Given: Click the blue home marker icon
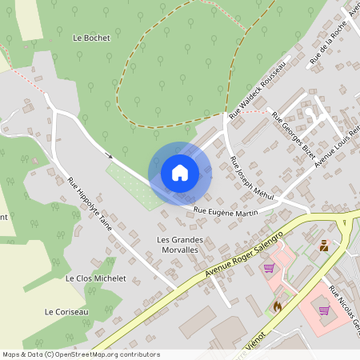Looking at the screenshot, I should pos(180,172).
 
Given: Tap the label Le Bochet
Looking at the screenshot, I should pos(90,38).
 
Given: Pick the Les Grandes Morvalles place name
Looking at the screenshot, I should pos(180,245).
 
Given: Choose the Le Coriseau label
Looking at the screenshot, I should pos(66,311).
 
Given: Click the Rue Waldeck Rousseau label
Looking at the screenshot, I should pos(258,90).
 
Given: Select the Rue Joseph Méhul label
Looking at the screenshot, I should pos(251,178).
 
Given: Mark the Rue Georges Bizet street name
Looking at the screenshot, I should pos(293,134).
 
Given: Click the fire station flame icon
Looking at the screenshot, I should pos(277,306).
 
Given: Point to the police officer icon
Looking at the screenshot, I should pos(324,246).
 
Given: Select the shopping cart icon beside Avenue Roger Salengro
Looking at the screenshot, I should pos(269,268).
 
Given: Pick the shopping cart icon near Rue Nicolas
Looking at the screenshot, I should pos(324,310).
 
